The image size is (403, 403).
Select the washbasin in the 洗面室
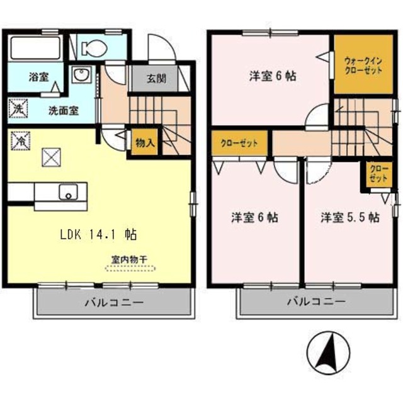[82, 74]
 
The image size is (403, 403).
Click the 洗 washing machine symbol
[18, 108]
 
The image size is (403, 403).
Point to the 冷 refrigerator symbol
[20, 140]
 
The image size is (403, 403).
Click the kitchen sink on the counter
[69, 192]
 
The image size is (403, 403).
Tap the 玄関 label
[157, 79]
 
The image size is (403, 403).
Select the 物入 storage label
[145, 143]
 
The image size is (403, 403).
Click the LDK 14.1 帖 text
[98, 234]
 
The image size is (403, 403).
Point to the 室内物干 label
[129, 259]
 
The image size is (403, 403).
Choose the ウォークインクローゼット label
[363, 65]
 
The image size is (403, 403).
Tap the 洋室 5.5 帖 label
[350, 218]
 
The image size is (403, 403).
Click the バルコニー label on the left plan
[114, 302]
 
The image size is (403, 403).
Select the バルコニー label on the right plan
[316, 301]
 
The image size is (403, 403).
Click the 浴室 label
[38, 77]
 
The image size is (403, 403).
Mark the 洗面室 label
[64, 111]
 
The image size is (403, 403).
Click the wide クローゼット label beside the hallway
[239, 143]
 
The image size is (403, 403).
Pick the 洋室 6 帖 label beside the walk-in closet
[273, 76]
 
